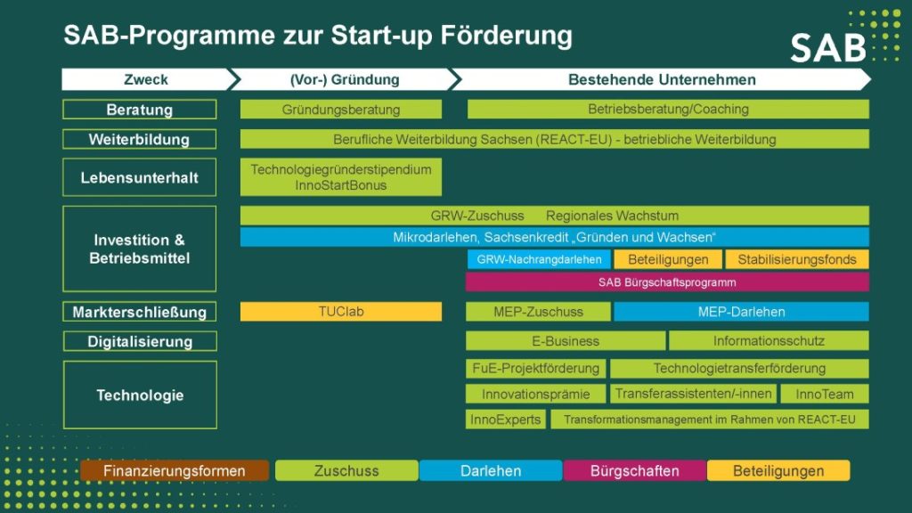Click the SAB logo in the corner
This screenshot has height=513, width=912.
click(827, 47)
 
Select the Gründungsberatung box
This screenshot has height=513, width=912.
click(341, 110)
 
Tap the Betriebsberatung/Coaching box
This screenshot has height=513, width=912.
click(668, 110)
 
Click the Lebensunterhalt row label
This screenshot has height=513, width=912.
click(140, 177)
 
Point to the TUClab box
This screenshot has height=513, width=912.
click(341, 312)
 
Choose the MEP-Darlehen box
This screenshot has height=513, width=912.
click(741, 312)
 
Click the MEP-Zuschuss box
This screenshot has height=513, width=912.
click(538, 312)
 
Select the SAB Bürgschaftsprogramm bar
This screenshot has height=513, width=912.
click(667, 282)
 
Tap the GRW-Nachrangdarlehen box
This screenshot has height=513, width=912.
click(539, 259)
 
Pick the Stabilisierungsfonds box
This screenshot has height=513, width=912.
click(797, 259)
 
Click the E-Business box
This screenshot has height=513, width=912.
click(566, 340)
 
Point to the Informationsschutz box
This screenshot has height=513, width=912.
click(769, 340)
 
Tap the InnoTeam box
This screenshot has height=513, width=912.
click(824, 394)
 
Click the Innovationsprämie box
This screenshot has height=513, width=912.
click(535, 394)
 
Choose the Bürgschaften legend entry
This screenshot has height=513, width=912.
click(634, 470)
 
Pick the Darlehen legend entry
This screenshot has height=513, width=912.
click(491, 470)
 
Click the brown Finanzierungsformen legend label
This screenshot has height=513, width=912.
click(175, 470)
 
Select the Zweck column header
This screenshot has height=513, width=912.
click(145, 79)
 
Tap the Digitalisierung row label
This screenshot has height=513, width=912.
click(140, 341)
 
